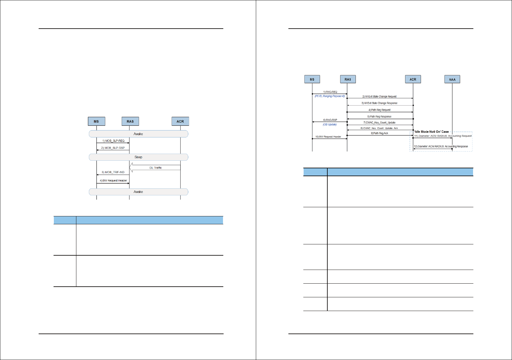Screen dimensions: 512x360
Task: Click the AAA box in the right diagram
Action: (x=452, y=79)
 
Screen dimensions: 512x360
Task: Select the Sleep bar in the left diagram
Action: (x=138, y=157)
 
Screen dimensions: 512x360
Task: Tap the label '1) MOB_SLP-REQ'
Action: (x=113, y=141)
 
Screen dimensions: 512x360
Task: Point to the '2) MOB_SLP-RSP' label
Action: (x=113, y=148)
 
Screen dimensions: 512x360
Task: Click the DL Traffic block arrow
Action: (x=155, y=168)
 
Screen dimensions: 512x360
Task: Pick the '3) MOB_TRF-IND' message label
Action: (x=113, y=172)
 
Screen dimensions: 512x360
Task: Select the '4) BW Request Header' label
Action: (x=113, y=181)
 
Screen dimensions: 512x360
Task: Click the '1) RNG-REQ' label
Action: (x=330, y=92)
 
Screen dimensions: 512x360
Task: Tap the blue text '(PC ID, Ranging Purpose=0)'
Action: (x=329, y=96)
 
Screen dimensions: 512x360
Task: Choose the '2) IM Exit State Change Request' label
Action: (x=379, y=96)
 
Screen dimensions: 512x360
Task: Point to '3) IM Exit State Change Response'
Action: (x=379, y=103)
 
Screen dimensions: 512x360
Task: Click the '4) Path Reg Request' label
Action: (x=379, y=110)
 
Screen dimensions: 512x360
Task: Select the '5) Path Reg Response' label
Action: (x=379, y=117)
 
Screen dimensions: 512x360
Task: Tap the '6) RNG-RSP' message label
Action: (x=330, y=120)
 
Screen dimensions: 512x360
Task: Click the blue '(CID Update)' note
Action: (x=329, y=124)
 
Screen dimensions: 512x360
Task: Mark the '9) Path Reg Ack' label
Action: (x=379, y=133)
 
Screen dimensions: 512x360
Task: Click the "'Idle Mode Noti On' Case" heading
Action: (x=431, y=132)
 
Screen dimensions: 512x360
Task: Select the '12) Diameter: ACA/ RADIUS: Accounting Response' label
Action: (x=441, y=146)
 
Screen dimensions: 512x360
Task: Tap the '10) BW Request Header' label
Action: (x=328, y=137)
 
